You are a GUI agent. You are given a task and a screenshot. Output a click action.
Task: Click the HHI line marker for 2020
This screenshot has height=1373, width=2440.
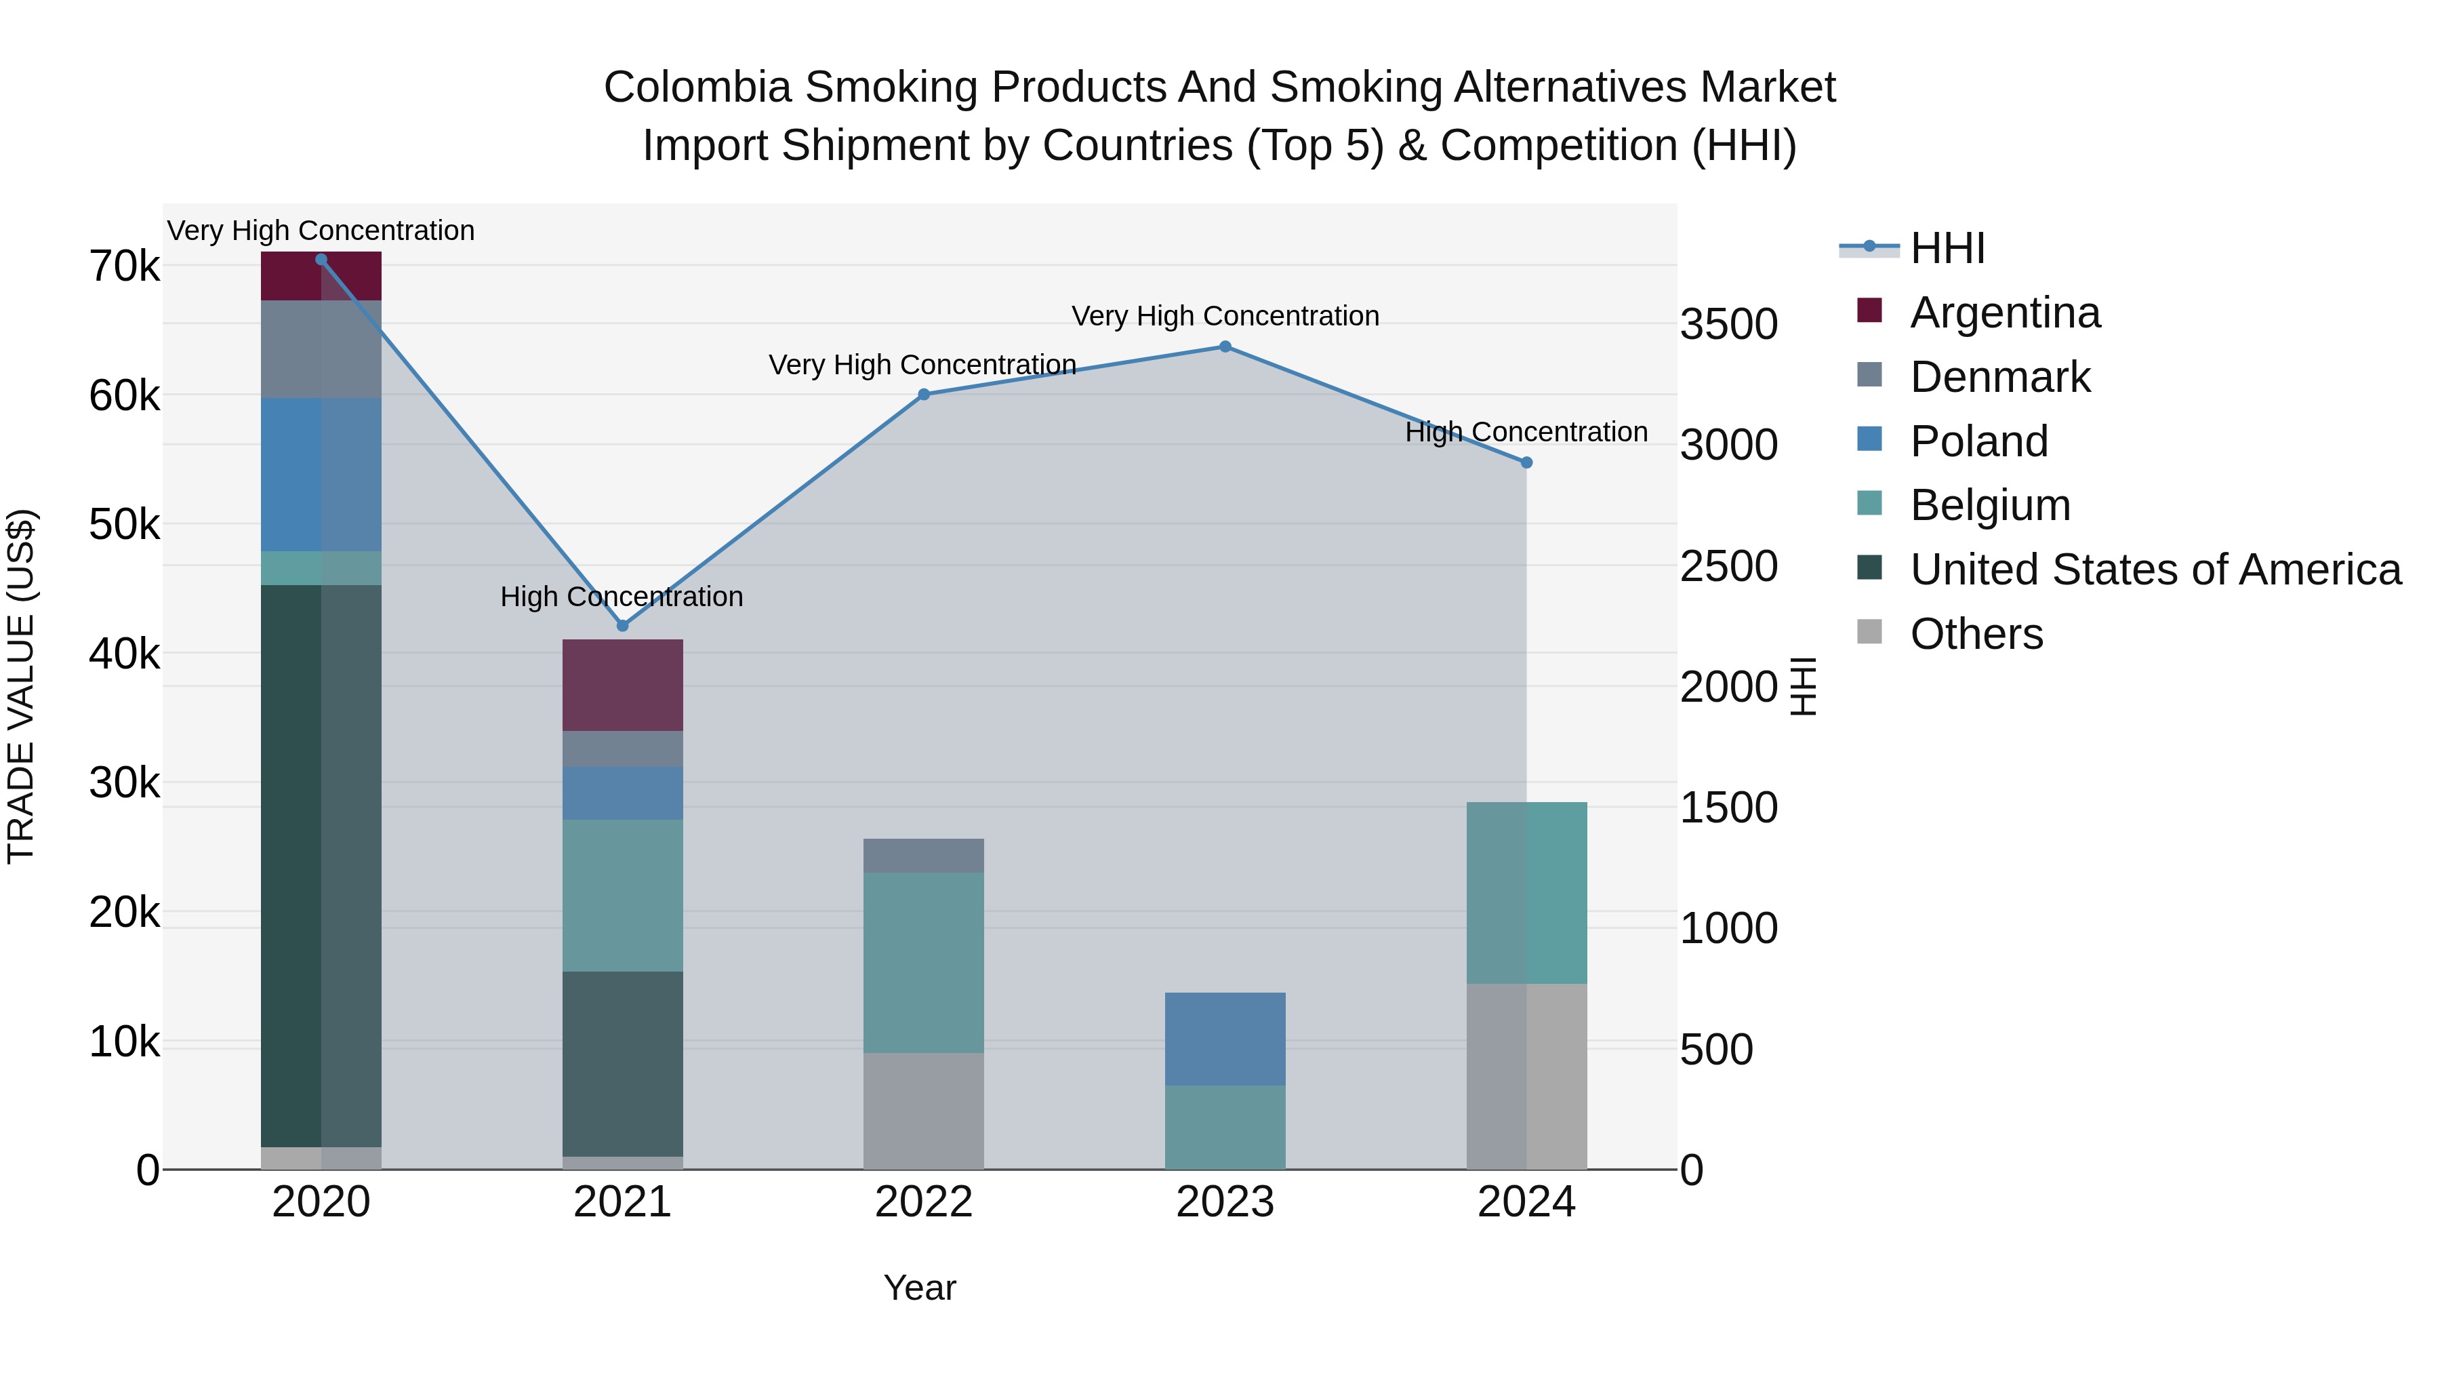tap(321, 260)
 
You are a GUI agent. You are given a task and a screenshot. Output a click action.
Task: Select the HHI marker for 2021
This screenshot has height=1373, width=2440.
tap(622, 625)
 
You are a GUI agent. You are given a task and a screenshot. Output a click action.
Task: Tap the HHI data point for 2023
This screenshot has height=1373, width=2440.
tap(1225, 346)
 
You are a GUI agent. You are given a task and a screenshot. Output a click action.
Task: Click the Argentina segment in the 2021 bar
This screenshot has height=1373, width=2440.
tap(622, 685)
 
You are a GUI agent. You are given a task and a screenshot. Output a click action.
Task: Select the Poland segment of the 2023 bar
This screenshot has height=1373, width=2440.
tap(1225, 1039)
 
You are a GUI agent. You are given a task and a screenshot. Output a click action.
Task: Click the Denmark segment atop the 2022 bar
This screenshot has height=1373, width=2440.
tap(924, 856)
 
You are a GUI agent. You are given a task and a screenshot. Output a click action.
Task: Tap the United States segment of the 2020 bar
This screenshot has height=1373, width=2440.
tap(321, 866)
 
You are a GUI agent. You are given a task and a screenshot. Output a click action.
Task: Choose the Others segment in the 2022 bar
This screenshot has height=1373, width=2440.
tap(924, 1111)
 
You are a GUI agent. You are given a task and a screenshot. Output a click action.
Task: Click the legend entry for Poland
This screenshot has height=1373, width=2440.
tap(1978, 441)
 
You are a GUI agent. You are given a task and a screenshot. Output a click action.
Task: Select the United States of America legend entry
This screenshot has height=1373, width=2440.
tap(2155, 570)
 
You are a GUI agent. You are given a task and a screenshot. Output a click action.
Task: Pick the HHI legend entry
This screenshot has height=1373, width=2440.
tap(1947, 248)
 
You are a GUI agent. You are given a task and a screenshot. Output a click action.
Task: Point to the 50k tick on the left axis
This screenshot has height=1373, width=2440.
tap(124, 525)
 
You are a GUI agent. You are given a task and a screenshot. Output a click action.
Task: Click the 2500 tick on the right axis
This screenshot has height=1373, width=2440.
tap(1728, 567)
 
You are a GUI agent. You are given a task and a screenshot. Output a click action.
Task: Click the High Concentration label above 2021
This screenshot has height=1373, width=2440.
tap(622, 597)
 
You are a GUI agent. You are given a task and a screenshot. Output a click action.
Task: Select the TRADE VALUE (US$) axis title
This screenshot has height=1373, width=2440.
tap(21, 686)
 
